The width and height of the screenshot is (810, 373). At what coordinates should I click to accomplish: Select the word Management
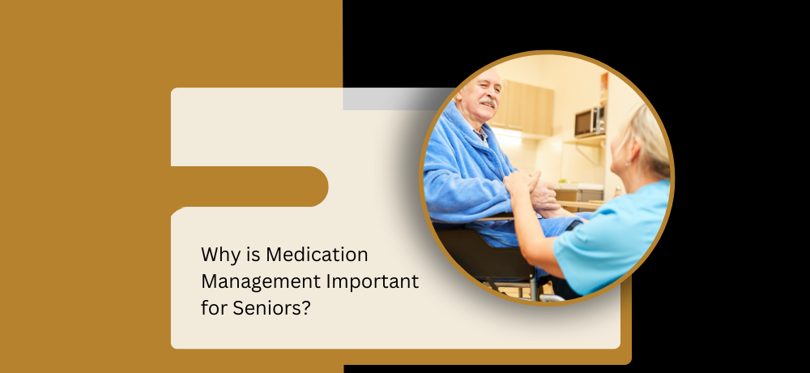point(260,282)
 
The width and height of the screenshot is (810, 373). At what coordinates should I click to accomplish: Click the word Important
point(373,282)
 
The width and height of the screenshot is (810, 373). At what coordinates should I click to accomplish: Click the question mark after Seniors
point(306,308)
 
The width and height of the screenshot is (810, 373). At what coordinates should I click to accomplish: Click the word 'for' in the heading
point(214,308)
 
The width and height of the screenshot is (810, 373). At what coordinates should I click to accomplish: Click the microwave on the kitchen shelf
point(589,122)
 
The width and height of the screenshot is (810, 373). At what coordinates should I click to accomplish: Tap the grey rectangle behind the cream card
point(394,99)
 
